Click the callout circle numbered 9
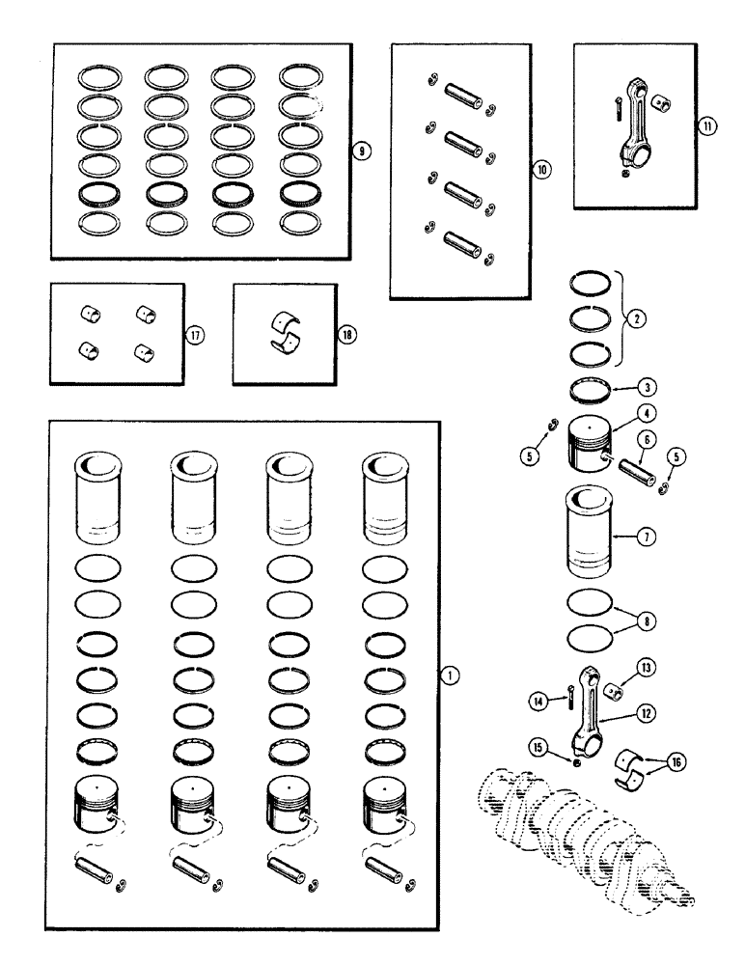359,150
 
